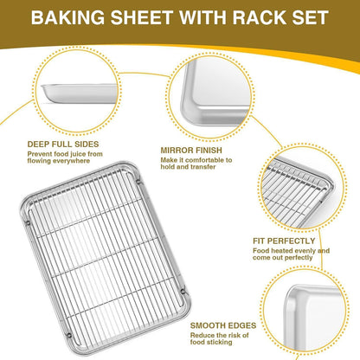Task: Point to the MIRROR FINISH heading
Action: click(x=191, y=148)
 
